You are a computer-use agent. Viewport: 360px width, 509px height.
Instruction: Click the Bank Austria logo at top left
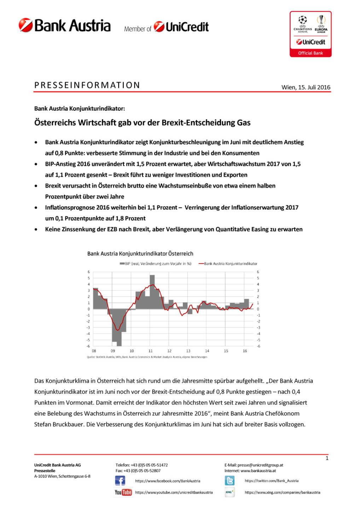[x=65, y=26]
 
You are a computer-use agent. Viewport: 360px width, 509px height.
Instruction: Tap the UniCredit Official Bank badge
[x=310, y=34]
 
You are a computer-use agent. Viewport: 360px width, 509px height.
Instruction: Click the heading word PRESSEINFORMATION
[x=87, y=85]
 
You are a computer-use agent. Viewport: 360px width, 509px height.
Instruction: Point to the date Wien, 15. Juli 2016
[x=306, y=87]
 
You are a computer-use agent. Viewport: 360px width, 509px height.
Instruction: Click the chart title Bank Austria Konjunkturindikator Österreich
[x=140, y=254]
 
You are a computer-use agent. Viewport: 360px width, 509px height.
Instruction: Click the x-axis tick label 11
[x=151, y=351]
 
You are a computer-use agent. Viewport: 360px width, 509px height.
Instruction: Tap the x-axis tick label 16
[x=245, y=351]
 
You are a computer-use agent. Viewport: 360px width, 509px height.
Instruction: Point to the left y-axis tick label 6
[x=89, y=272]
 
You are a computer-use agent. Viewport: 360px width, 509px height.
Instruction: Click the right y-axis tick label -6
[x=259, y=346]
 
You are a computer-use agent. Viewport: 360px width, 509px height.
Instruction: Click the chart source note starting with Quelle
[x=147, y=357]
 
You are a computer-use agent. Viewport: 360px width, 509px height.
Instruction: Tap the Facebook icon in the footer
[x=120, y=481]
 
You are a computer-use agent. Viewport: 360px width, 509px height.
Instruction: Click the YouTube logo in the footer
[x=123, y=492]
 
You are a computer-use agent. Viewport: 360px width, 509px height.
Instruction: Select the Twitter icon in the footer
[x=230, y=481]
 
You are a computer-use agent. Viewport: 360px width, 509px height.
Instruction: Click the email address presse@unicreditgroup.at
[x=260, y=465]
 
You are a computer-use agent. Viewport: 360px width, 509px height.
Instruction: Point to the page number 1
[x=327, y=458]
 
